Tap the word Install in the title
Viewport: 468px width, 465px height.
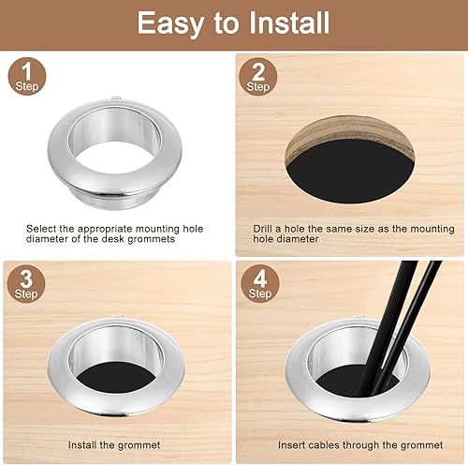289,22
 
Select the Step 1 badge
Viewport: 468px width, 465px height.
27,76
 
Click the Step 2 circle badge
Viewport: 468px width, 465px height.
258,77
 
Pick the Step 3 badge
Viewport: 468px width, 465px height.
26,284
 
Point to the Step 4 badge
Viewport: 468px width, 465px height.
260,284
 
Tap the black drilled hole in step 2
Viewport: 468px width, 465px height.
350,172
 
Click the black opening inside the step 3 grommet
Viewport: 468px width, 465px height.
116,378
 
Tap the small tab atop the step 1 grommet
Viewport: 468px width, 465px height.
116,98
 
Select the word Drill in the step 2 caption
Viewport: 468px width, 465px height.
262,229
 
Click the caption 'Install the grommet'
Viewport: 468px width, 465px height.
114,445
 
